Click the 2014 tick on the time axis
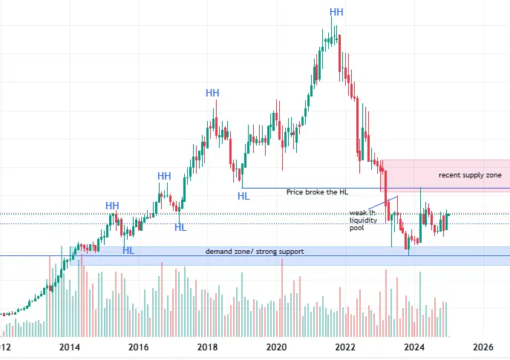69,347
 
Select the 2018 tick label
207,347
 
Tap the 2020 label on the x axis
276,347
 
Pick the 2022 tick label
345,347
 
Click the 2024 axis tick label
414,347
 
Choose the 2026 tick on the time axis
483,347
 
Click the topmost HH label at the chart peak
336,12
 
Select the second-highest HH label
213,93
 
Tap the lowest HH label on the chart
112,206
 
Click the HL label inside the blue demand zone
128,251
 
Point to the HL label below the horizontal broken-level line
243,196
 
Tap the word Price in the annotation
295,192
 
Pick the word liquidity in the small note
363,221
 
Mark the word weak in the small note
358,213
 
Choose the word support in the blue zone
290,252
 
